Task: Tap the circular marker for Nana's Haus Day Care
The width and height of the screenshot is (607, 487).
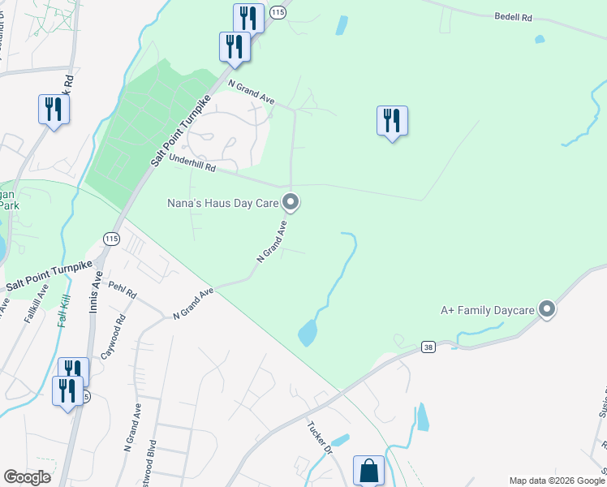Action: point(291,201)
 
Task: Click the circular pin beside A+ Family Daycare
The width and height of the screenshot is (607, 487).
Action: point(547,309)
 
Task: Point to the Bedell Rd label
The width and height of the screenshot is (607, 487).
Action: point(514,16)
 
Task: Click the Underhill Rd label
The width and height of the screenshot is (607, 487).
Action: point(192,166)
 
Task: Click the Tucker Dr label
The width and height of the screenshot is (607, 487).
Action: point(320,437)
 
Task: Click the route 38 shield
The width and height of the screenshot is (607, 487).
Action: point(428,347)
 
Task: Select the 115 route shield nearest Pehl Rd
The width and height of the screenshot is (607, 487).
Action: point(111,237)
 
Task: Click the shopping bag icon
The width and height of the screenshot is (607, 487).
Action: point(368,470)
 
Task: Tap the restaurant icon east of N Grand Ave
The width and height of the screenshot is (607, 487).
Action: point(392,120)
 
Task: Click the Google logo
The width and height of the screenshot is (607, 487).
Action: point(27,477)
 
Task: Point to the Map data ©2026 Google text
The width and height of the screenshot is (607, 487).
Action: point(557,481)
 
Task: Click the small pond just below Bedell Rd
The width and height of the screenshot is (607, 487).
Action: point(540,38)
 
